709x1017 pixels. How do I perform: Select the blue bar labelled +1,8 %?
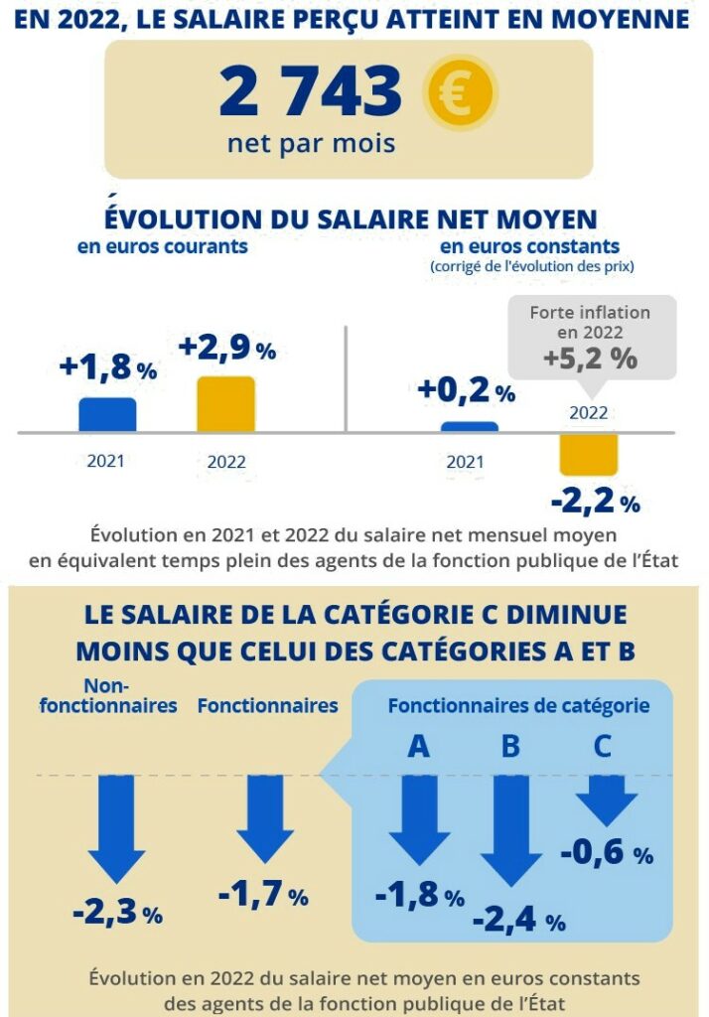click(x=107, y=414)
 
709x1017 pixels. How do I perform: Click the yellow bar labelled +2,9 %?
click(x=226, y=404)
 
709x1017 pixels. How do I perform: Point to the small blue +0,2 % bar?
click(x=470, y=427)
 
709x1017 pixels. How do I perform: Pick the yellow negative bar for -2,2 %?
click(x=588, y=454)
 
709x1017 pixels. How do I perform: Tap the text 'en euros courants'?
click(x=163, y=246)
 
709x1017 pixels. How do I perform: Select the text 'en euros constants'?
click(x=530, y=245)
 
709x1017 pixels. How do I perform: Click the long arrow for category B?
click(x=510, y=829)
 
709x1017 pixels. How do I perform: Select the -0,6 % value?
click(x=607, y=852)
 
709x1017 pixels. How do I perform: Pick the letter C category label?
click(x=602, y=746)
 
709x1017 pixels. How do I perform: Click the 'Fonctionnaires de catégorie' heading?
click(x=518, y=706)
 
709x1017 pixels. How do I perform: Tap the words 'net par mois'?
click(x=311, y=143)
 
